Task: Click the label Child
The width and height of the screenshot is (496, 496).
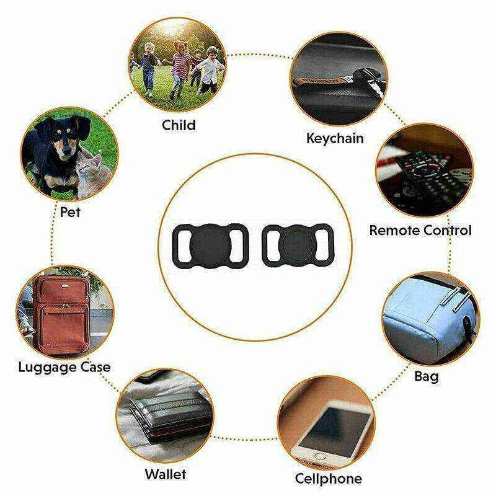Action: point(179,125)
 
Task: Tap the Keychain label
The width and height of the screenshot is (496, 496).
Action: point(335,138)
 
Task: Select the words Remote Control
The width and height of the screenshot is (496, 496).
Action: point(420,230)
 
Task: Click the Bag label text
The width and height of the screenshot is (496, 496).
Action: point(427,377)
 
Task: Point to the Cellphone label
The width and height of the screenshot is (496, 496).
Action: point(329,478)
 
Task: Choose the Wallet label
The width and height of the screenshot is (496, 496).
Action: point(166,474)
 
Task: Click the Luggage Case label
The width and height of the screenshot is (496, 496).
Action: point(64,368)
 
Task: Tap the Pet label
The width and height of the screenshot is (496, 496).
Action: point(70,212)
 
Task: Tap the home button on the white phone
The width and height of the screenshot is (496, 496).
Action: point(320,456)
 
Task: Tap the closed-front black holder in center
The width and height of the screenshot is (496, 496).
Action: point(210,244)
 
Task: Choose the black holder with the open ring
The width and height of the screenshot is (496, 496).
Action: point(298,244)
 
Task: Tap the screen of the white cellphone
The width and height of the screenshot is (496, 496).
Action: point(336,430)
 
